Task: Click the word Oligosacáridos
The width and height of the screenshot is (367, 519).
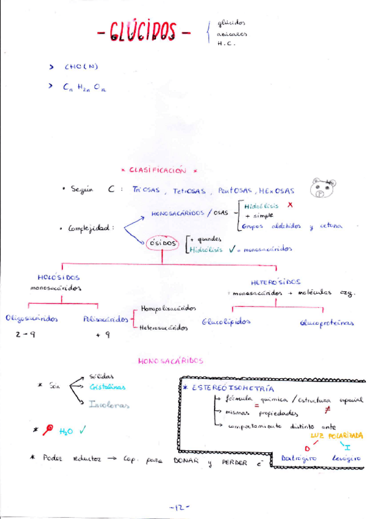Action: click(x=31, y=319)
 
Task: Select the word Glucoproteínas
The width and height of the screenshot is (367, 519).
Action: click(x=327, y=323)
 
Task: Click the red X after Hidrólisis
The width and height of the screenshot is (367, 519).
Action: click(x=290, y=205)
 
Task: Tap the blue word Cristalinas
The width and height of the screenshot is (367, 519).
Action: click(x=107, y=387)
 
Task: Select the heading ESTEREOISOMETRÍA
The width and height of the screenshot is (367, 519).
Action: click(x=232, y=388)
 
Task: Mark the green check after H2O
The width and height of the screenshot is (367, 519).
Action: click(x=82, y=431)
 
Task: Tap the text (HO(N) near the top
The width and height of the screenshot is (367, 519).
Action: click(x=81, y=67)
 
